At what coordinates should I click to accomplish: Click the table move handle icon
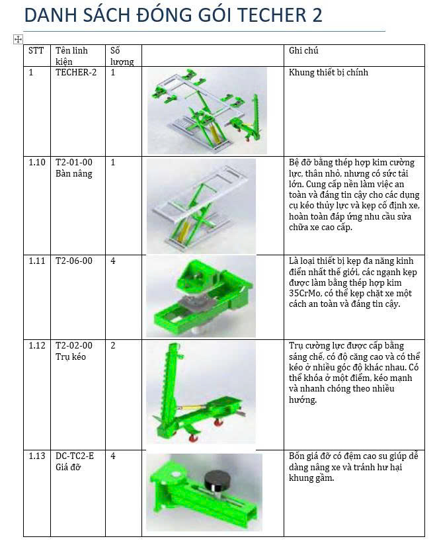click(18, 40)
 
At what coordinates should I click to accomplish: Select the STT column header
click(36, 51)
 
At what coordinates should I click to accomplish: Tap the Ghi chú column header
click(303, 51)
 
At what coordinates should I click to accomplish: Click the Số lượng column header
click(122, 56)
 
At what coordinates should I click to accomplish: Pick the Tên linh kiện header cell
click(71, 56)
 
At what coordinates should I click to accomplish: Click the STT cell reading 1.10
click(37, 162)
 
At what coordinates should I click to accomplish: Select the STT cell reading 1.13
click(37, 456)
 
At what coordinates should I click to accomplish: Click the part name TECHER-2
click(75, 73)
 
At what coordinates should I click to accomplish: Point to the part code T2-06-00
click(74, 261)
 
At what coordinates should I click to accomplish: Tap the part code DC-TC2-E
click(75, 456)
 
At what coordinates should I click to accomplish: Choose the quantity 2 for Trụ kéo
click(113, 346)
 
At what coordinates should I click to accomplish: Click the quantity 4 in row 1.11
click(113, 261)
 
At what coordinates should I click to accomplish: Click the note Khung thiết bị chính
click(329, 73)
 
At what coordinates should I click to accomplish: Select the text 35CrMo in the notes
click(305, 293)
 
